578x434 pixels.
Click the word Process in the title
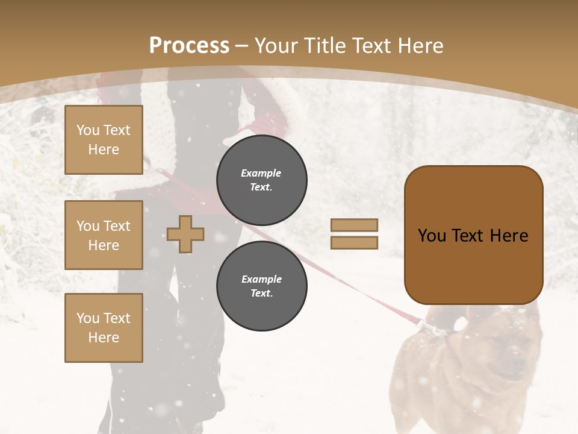[x=189, y=46]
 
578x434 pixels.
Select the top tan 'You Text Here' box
[x=104, y=140]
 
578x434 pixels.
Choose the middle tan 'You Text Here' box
[x=104, y=235]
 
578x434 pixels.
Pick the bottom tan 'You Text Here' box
[x=104, y=328]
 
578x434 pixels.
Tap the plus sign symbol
[x=185, y=234]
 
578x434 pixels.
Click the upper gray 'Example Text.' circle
[x=261, y=180]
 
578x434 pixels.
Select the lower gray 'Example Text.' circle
[x=261, y=286]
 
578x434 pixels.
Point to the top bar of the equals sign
[x=354, y=225]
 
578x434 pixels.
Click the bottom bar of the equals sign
[x=354, y=242]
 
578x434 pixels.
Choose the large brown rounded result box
[x=473, y=235]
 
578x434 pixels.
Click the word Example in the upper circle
[x=261, y=173]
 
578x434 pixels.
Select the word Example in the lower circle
[x=261, y=279]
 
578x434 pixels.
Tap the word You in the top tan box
[x=88, y=130]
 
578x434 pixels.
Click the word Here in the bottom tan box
[x=104, y=338]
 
